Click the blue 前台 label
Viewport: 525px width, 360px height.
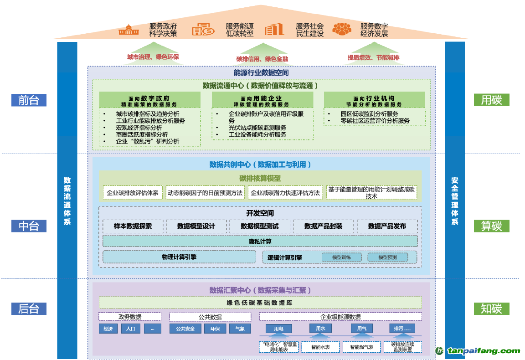pos(29,100)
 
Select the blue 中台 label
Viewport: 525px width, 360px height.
pos(29,226)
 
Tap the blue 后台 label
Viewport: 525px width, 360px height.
pos(29,309)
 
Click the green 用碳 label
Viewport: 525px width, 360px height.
pos(491,100)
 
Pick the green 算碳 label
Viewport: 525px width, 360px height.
pos(491,226)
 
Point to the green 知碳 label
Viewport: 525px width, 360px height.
pos(491,309)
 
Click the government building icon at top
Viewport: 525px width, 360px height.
pos(129,30)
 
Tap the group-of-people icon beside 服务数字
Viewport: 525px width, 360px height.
pos(341,29)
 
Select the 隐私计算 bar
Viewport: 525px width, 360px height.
pos(260,241)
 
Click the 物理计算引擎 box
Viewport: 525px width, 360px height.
pos(179,257)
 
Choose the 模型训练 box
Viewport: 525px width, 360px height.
pos(341,257)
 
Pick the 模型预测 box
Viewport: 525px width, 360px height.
pos(387,257)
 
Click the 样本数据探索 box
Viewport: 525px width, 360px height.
pos(133,226)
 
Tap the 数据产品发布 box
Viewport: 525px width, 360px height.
pos(387,226)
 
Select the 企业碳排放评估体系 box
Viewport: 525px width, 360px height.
pos(132,193)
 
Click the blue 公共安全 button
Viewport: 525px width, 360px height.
pos(182,329)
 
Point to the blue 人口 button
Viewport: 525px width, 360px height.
pos(131,329)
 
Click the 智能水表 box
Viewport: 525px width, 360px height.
pos(320,347)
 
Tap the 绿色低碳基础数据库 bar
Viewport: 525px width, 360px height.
pos(260,303)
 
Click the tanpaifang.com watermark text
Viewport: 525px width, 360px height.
pos(483,351)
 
